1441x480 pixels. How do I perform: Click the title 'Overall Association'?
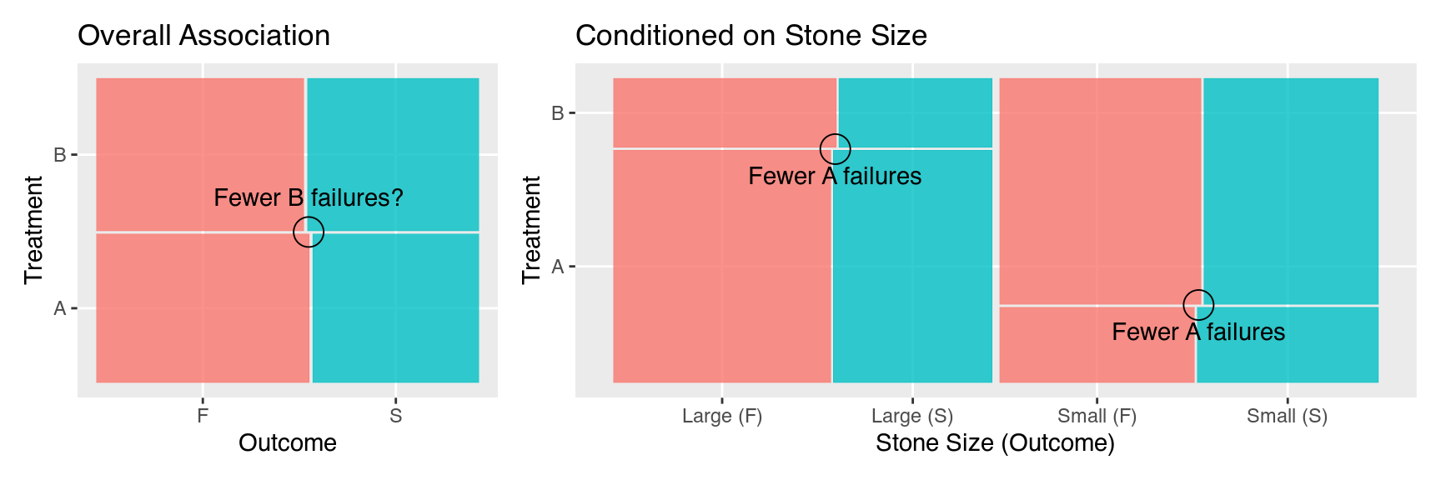pyautogui.click(x=203, y=36)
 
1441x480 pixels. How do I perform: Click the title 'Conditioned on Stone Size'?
pyautogui.click(x=751, y=36)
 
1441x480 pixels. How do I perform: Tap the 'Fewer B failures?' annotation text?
pyautogui.click(x=309, y=198)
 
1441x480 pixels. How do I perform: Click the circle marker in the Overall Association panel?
pyautogui.click(x=309, y=232)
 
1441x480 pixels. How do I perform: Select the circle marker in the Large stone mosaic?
pyautogui.click(x=835, y=149)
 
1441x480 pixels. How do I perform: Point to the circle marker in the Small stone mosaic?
pyautogui.click(x=1198, y=305)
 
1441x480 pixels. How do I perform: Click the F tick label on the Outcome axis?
pyautogui.click(x=203, y=416)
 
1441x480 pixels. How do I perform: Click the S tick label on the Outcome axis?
pyautogui.click(x=395, y=416)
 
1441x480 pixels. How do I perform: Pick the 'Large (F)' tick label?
pyautogui.click(x=722, y=416)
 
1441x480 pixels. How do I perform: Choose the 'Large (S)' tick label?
pyautogui.click(x=912, y=416)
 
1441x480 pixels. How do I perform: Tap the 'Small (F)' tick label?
pyautogui.click(x=1097, y=416)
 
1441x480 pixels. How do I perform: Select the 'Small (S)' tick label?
pyautogui.click(x=1287, y=416)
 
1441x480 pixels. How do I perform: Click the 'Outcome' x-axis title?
pyautogui.click(x=288, y=443)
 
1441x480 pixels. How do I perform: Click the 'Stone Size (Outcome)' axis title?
pyautogui.click(x=995, y=443)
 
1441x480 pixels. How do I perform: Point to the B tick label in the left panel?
pyautogui.click(x=60, y=155)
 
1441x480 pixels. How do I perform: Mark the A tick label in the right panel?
pyautogui.click(x=558, y=267)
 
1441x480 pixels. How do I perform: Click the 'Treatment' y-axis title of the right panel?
pyautogui.click(x=531, y=230)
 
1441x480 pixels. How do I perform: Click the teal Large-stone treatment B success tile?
pyautogui.click(x=915, y=112)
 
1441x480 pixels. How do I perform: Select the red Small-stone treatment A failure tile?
pyautogui.click(x=1097, y=344)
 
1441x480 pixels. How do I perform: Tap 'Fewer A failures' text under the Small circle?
pyautogui.click(x=1198, y=332)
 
